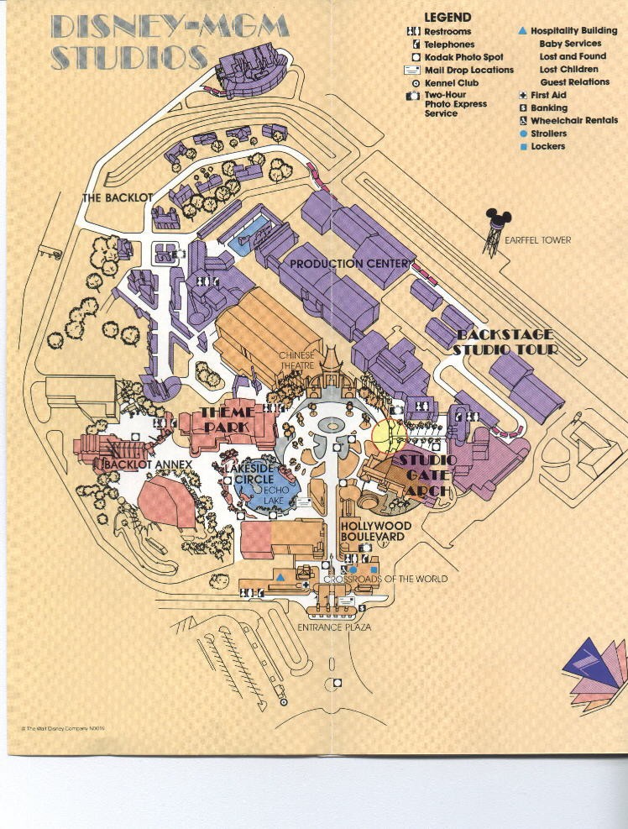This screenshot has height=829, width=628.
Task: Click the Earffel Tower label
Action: coord(538,240)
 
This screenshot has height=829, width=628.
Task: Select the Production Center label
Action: coord(349,264)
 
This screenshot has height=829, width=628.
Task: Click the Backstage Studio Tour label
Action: coord(505,341)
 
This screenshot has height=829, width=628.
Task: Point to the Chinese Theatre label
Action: coord(296,360)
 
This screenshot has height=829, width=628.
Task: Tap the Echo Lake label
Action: coord(276,496)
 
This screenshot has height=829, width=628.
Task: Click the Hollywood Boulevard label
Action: coord(375,531)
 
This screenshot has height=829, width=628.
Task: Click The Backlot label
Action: coord(115,198)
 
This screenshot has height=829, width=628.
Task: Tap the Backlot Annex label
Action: coord(148,464)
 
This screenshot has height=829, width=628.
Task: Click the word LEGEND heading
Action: coord(447,17)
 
